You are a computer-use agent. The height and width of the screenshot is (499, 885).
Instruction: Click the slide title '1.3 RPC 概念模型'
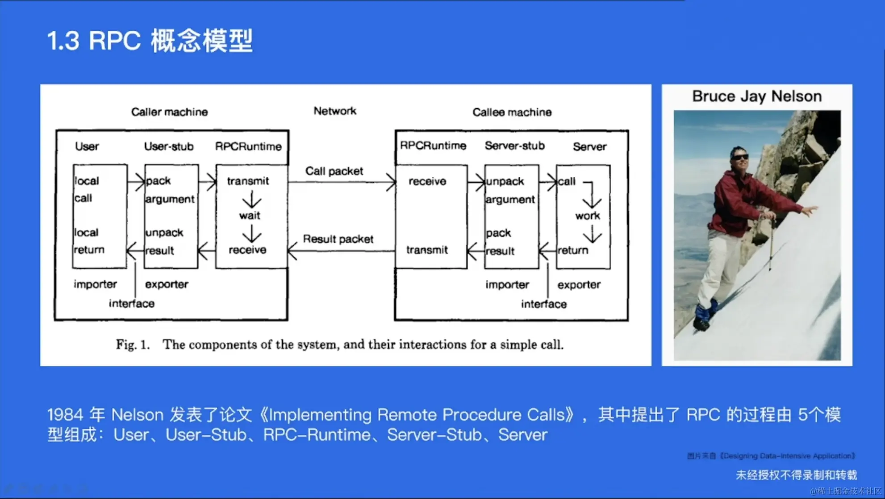(150, 41)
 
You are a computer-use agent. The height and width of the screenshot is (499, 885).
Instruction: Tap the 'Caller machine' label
(169, 112)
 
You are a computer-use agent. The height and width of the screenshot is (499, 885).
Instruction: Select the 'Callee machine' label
(512, 112)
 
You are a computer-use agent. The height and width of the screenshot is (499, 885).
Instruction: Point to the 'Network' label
(335, 111)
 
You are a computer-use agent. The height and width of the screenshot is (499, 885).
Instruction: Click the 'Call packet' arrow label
(334, 171)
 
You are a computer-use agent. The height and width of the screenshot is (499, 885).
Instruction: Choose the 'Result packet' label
(338, 239)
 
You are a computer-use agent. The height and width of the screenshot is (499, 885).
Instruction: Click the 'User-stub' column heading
(169, 146)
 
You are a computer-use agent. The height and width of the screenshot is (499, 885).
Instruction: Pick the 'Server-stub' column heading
(514, 146)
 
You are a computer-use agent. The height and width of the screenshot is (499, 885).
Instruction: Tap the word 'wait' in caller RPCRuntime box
(250, 216)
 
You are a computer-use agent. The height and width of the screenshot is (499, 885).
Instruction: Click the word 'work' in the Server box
(588, 216)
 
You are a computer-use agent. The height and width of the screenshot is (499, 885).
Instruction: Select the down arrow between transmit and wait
(252, 199)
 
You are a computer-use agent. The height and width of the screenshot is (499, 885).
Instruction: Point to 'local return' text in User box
(88, 241)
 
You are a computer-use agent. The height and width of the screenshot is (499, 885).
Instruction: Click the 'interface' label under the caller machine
(132, 304)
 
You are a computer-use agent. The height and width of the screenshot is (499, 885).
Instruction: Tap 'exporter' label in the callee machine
(579, 285)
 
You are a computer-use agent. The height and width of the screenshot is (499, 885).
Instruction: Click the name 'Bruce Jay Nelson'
(757, 96)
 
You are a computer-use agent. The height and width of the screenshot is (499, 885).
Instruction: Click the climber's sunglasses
(740, 157)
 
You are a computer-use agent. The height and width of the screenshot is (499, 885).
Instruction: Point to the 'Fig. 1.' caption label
(132, 345)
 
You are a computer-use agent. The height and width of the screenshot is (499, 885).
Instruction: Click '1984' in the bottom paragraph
(65, 415)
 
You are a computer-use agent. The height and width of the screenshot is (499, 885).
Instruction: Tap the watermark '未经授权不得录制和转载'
(796, 475)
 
